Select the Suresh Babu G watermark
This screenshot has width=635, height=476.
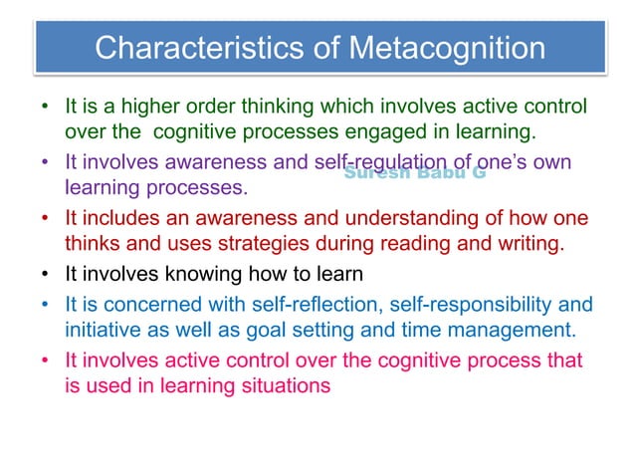[x=414, y=174]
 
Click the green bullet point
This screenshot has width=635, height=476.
[x=45, y=107]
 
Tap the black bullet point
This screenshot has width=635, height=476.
[x=45, y=273]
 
